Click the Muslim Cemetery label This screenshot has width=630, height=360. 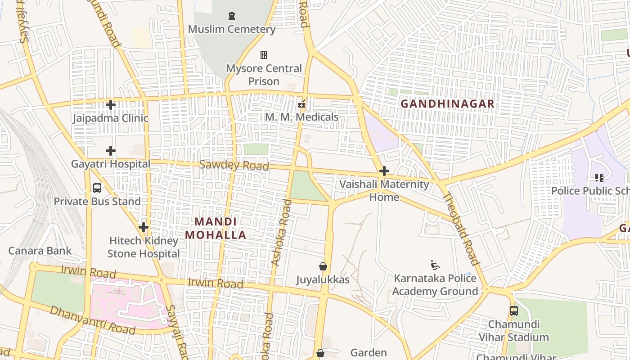[231, 29]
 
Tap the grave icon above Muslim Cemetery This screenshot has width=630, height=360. [232, 16]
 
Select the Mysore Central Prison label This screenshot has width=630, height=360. [264, 75]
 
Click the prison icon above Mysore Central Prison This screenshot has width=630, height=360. [264, 55]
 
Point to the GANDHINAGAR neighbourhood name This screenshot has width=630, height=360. [447, 104]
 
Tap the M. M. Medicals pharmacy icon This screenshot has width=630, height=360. [301, 104]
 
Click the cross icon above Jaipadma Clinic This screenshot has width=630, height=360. [111, 105]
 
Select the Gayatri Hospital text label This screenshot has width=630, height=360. [111, 164]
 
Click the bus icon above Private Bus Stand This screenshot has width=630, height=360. [97, 188]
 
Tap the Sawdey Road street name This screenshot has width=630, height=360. [234, 165]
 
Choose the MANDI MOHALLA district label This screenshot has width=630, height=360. [216, 229]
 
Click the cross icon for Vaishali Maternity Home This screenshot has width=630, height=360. [384, 171]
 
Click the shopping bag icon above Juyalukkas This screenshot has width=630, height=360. [323, 266]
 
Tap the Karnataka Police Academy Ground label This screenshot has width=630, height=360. [435, 285]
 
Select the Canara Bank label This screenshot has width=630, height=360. [40, 251]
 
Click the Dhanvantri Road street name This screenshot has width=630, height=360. [92, 320]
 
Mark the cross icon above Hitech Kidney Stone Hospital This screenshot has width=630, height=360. [144, 227]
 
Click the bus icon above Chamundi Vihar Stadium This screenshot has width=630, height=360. [513, 310]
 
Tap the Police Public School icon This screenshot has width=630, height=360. [599, 178]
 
